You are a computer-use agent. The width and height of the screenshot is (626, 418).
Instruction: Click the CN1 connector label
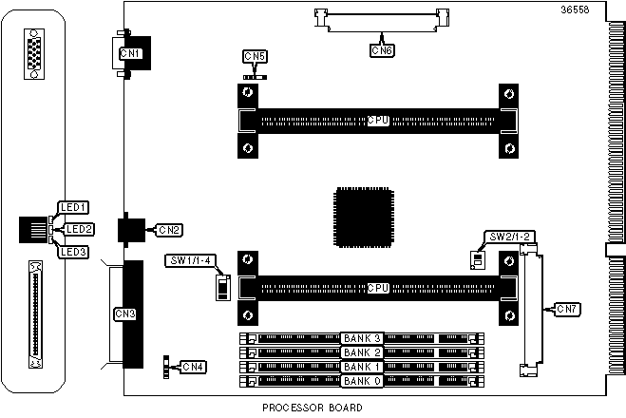click(130, 54)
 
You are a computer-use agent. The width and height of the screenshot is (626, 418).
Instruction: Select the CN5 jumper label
click(255, 56)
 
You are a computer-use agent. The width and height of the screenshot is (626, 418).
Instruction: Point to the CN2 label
click(169, 230)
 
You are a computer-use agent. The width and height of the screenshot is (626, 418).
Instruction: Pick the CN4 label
click(193, 367)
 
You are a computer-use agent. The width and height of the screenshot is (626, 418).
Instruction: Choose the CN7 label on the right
click(568, 309)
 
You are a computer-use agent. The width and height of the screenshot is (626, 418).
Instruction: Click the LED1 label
click(73, 207)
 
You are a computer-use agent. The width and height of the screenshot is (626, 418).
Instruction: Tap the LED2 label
click(80, 229)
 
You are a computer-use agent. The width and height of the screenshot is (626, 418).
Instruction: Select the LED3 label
click(73, 252)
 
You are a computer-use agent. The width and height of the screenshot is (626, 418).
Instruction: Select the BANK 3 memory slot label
click(362, 338)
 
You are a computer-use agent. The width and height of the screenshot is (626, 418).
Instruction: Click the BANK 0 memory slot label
click(362, 382)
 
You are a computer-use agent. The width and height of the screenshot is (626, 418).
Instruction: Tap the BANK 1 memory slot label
click(362, 368)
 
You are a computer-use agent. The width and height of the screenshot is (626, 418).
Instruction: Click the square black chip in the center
click(363, 218)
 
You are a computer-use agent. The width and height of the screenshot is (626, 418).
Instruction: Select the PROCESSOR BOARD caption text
click(313, 408)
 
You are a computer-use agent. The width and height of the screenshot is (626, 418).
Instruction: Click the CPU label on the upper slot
click(378, 122)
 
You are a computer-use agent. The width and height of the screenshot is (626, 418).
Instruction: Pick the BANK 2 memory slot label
click(362, 352)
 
